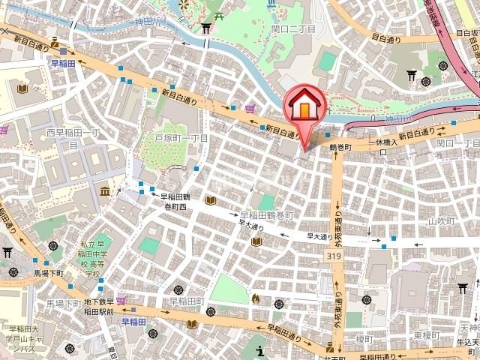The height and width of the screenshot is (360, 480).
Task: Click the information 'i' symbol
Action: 260,350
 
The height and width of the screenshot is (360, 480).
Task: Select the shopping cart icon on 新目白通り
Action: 249,109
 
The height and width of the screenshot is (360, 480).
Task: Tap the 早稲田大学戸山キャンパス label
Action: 30,339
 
